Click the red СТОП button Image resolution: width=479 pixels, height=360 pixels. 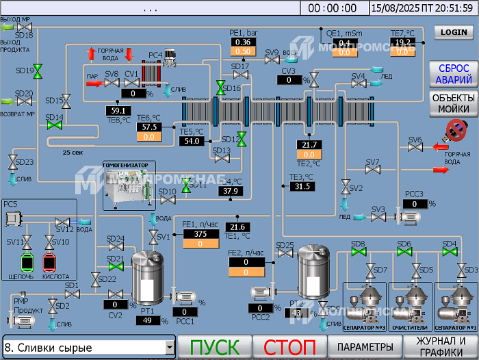click(289, 347)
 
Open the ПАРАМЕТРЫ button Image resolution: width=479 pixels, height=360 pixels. click(365, 347)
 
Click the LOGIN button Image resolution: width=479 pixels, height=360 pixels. click(454, 32)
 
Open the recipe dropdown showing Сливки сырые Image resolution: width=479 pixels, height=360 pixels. click(89, 348)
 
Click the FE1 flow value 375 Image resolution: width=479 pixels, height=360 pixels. click(200, 234)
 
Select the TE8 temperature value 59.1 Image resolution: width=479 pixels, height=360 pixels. click(118, 110)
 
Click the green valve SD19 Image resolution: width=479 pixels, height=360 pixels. click(38, 70)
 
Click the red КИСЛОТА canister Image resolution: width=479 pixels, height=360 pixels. click(50, 262)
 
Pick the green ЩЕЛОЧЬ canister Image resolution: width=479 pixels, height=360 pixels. click(27, 262)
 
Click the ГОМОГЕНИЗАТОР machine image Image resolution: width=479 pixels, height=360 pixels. click(127, 187)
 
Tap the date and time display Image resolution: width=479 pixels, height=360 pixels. click(422, 8)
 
